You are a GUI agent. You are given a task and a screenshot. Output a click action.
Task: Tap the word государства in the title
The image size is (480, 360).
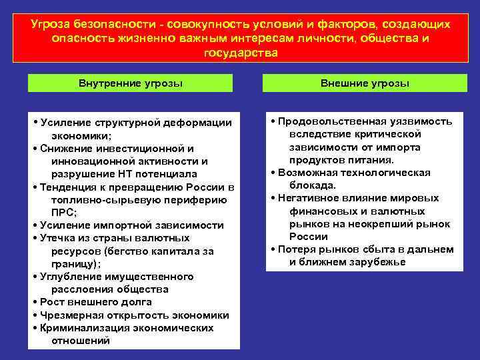tap(239, 52)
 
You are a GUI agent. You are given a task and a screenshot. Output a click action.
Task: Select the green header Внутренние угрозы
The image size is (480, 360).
tap(131, 83)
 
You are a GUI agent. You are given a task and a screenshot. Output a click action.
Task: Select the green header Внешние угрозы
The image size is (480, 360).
tap(365, 83)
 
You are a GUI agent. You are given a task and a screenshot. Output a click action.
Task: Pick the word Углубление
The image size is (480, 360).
tap(69, 276)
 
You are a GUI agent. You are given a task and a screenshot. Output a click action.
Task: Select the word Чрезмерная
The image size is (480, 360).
tap(69, 315)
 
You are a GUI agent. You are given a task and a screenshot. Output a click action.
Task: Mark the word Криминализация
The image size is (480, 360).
tap(81, 328)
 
